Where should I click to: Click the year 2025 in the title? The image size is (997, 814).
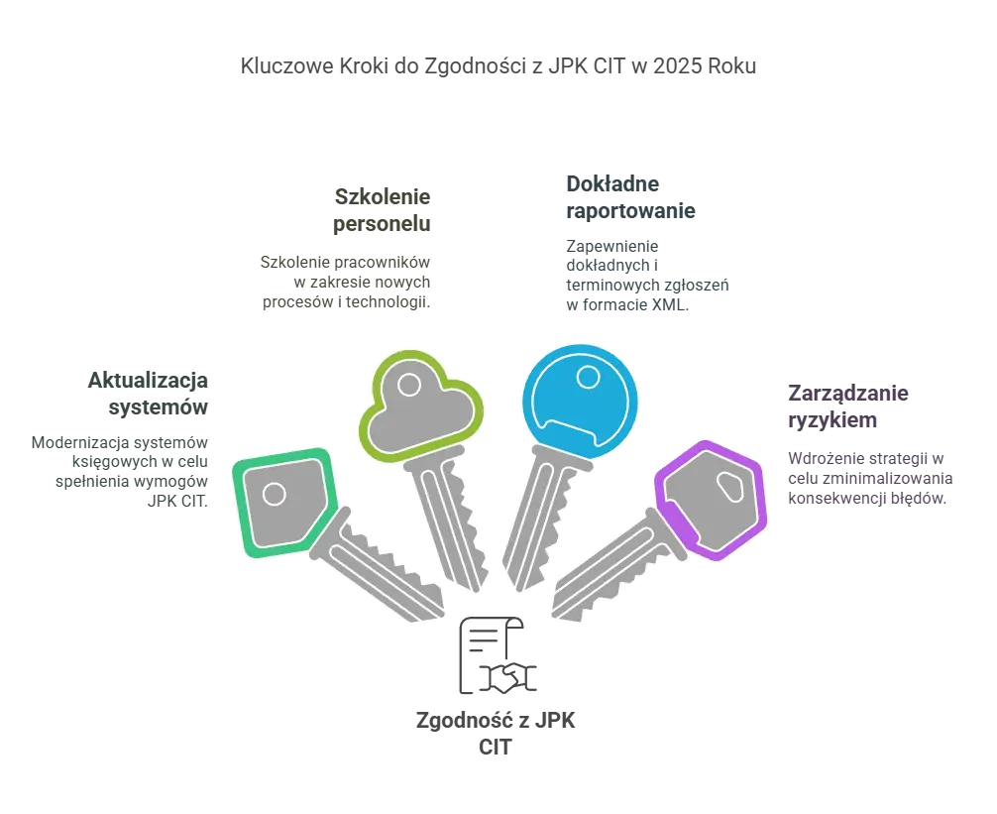click(x=677, y=66)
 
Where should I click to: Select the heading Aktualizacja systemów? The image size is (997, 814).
click(x=148, y=393)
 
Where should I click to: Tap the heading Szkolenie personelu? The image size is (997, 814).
click(x=382, y=210)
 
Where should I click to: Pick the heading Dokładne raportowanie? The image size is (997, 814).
click(x=630, y=197)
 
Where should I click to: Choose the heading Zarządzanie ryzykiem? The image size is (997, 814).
click(x=848, y=407)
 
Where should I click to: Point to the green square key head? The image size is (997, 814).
click(x=285, y=503)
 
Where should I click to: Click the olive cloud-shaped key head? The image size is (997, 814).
click(x=421, y=406)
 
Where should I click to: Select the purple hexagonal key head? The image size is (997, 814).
click(x=711, y=500)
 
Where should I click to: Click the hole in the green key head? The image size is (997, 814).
click(x=275, y=494)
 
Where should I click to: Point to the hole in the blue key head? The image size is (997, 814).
click(x=588, y=378)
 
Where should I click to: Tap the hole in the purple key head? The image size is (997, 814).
click(x=730, y=488)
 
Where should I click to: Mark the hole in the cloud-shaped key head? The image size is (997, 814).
click(x=409, y=385)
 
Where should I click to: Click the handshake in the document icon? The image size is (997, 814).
click(x=508, y=678)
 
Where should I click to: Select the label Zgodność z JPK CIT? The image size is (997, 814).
click(x=496, y=734)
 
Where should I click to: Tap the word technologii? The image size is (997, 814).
click(x=388, y=302)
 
